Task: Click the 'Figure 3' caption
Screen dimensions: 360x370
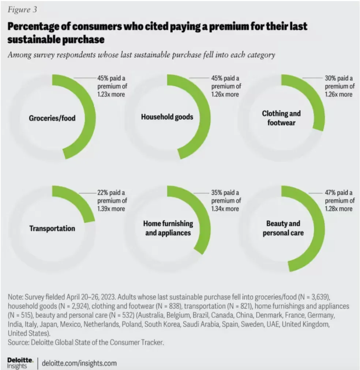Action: [x=22, y=10]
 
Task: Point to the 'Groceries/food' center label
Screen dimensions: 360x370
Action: [x=52, y=118]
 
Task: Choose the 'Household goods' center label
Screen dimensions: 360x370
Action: [x=167, y=117]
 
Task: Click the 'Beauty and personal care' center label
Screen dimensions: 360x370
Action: [x=283, y=228]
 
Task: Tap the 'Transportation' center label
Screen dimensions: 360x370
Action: [x=52, y=229]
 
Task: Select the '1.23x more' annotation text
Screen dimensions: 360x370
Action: [x=111, y=95]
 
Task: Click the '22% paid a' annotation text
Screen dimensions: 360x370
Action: [x=111, y=193]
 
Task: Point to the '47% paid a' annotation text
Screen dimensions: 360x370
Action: [x=339, y=193]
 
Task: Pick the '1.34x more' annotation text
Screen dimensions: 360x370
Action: [x=225, y=208]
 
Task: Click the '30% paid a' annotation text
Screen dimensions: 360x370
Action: [x=339, y=78]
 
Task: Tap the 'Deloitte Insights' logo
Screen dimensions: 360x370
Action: [x=20, y=363]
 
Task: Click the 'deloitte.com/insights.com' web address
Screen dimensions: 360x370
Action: [x=79, y=363]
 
